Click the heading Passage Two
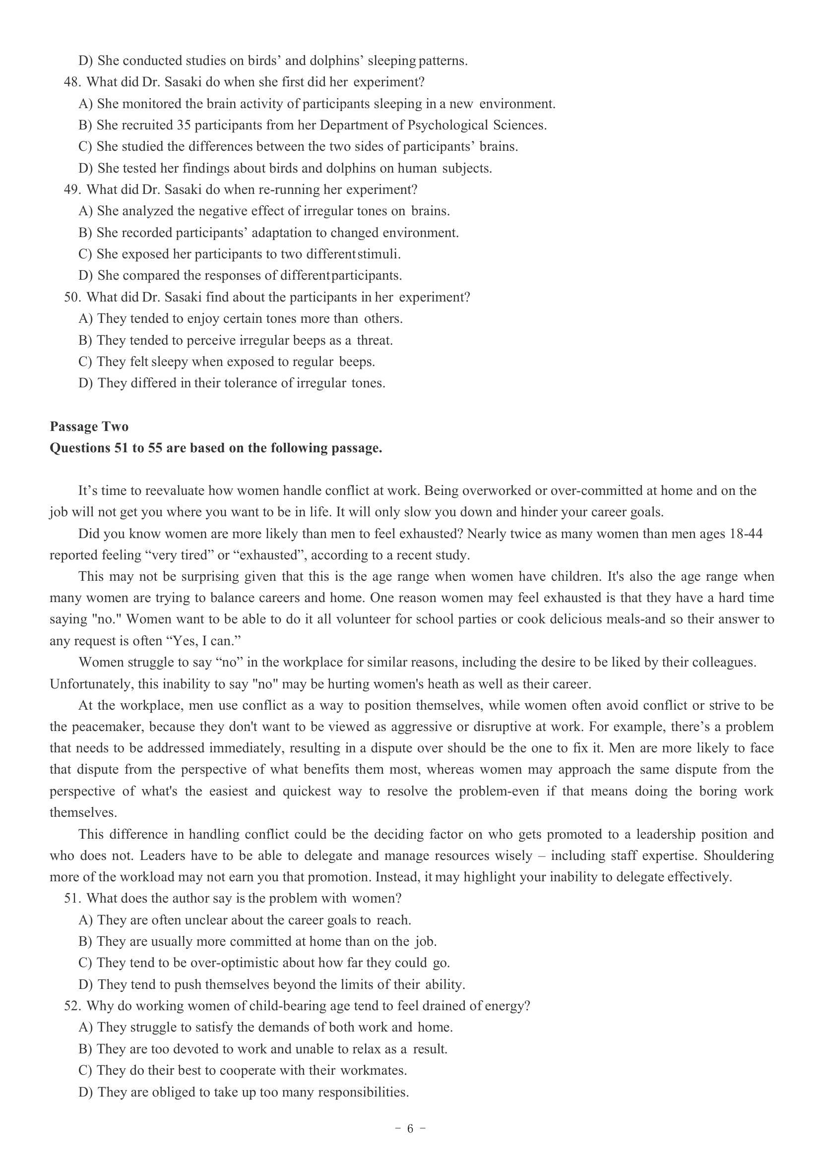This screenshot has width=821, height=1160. (89, 427)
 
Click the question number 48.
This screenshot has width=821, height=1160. (71, 82)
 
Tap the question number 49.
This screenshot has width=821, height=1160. (71, 189)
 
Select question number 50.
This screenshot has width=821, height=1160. (71, 297)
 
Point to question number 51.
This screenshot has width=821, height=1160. (71, 898)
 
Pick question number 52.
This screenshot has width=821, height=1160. (71, 1006)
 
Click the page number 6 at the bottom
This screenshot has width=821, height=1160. (410, 1128)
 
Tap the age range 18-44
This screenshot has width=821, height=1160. (746, 534)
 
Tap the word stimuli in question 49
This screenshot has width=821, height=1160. (379, 254)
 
